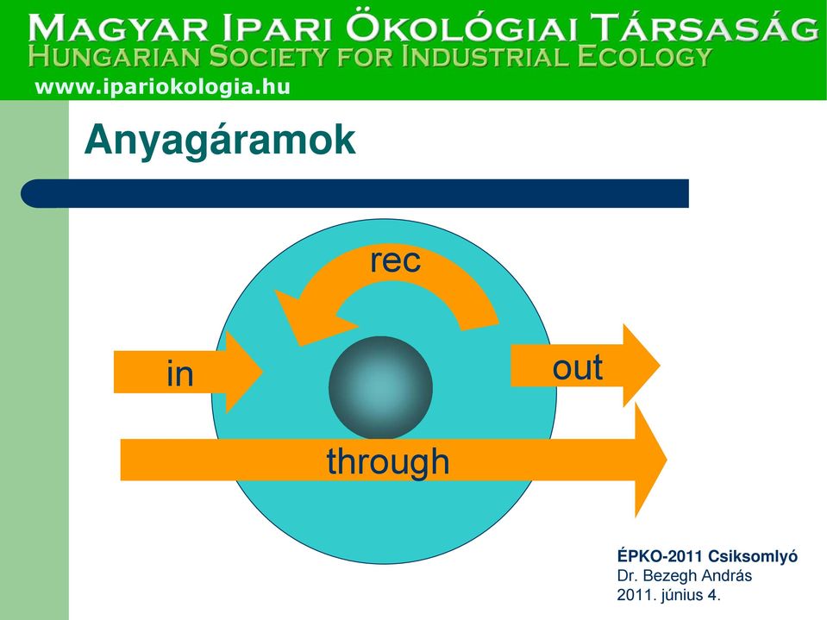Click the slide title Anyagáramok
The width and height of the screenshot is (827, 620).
220,141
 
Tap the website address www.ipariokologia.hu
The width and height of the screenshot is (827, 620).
162,86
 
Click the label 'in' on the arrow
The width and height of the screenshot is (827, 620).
180,373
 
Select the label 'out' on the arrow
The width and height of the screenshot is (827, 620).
578,367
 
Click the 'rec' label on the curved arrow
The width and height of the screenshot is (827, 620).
396,260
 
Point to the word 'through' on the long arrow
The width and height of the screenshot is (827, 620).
388,462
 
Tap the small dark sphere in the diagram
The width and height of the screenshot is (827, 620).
381,388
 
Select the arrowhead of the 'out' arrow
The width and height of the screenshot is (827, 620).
642,366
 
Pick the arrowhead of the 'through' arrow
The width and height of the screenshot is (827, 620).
650,460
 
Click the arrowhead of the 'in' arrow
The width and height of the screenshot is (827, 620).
244,373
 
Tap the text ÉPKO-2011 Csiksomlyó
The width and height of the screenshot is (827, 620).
707,556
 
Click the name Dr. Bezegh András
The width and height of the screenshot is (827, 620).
684,575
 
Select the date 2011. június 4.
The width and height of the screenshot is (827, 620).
669,595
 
